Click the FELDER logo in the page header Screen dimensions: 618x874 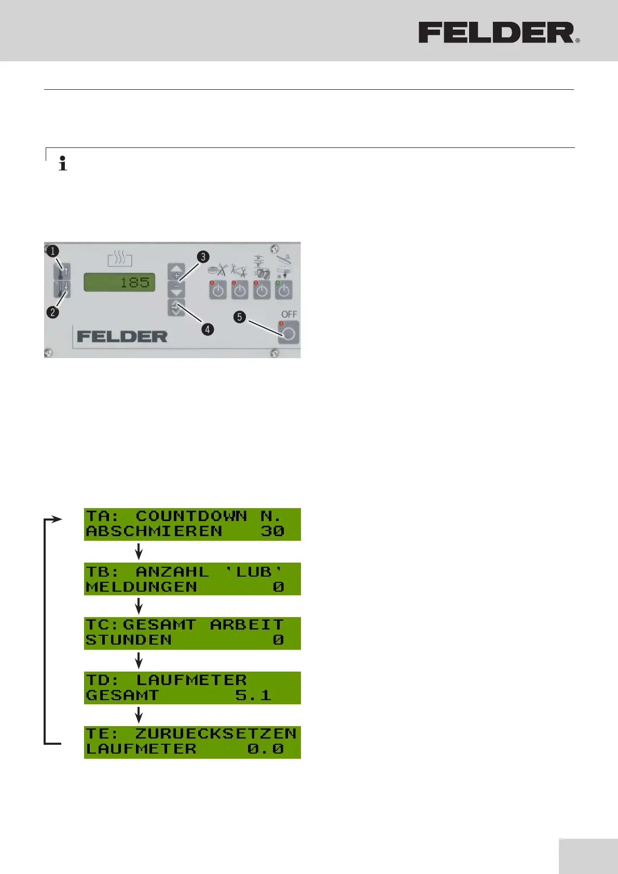click(499, 33)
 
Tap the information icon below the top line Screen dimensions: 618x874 click(63, 163)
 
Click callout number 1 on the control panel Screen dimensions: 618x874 click(52, 251)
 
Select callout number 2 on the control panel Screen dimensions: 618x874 click(52, 312)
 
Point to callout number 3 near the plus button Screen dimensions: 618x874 click(203, 257)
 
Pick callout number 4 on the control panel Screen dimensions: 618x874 click(208, 329)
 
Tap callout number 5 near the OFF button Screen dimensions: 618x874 click(239, 317)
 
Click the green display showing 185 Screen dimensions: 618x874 click(119, 282)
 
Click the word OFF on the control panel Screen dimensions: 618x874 click(289, 314)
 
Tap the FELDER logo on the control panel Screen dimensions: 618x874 click(122, 336)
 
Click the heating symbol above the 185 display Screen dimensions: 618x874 click(120, 258)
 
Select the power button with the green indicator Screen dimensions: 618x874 click(283, 290)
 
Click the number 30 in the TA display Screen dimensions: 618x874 click(272, 531)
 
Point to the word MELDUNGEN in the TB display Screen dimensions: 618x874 click(141, 587)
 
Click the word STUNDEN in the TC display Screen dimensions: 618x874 click(128, 640)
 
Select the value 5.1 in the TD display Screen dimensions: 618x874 click(253, 695)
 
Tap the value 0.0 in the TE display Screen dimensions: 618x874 click(265, 749)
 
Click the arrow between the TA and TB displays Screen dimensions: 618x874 click(139, 551)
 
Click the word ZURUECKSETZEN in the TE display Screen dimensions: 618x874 click(215, 733)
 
